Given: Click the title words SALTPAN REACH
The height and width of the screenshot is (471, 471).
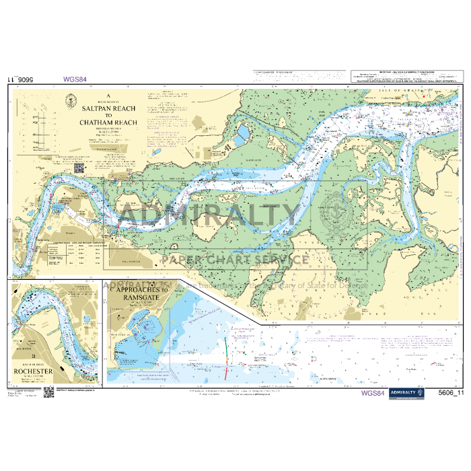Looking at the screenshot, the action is pyautogui.click(x=108, y=108).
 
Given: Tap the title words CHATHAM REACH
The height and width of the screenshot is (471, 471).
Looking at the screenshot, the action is pyautogui.click(x=108, y=122).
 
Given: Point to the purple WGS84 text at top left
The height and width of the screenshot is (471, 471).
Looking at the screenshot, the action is pyautogui.click(x=75, y=79).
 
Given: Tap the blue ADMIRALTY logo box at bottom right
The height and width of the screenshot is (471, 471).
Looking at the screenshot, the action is pyautogui.click(x=408, y=394).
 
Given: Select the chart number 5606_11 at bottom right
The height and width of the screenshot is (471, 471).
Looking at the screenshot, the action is pyautogui.click(x=451, y=394).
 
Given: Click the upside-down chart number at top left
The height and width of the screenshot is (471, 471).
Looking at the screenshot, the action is pyautogui.click(x=24, y=79).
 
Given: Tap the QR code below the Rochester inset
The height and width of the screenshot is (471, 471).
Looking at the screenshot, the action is pyautogui.click(x=48, y=393).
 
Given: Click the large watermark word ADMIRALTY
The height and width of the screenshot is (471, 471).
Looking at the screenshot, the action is pyautogui.click(x=209, y=216).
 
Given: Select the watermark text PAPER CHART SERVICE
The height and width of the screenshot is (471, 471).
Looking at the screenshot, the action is pyautogui.click(x=235, y=260).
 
